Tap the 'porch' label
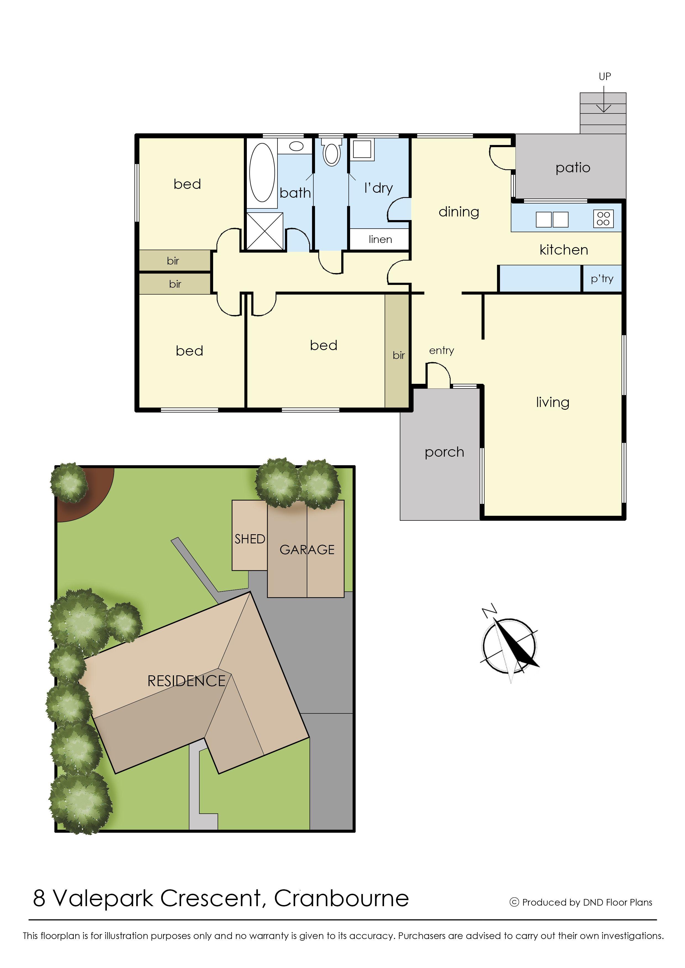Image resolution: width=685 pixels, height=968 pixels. click(444, 452)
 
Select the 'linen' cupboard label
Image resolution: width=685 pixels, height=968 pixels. click(380, 240)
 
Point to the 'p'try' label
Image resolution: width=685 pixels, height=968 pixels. click(602, 279)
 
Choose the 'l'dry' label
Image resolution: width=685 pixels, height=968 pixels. click(378, 188)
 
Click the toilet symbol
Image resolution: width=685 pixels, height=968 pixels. click(332, 153)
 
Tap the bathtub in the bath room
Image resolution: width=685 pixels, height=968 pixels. click(262, 173)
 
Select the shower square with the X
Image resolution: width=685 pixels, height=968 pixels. click(265, 231)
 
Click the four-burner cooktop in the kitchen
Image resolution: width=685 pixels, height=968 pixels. click(603, 218)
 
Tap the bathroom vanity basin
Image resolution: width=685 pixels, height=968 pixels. click(297, 146)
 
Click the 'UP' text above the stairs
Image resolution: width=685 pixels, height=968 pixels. click(604, 76)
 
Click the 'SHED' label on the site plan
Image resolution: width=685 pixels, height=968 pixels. click(250, 539)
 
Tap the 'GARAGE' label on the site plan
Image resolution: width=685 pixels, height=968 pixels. click(307, 550)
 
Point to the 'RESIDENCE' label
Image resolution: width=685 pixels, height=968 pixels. click(186, 681)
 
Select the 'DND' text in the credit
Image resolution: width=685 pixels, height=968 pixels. click(593, 902)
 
